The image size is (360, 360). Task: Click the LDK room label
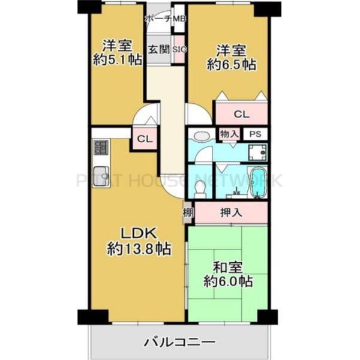tap(139, 233)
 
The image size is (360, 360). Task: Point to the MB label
tap(179, 20)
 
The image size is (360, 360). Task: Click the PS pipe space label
tap(255, 134)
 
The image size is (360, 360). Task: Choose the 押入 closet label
tap(230, 212)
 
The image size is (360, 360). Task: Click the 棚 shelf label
tap(187, 212)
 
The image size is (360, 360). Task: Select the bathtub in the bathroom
tap(258, 182)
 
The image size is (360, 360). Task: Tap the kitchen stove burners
tap(100, 148)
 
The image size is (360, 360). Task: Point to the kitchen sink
tap(100, 169)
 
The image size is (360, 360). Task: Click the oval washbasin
tap(203, 136)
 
